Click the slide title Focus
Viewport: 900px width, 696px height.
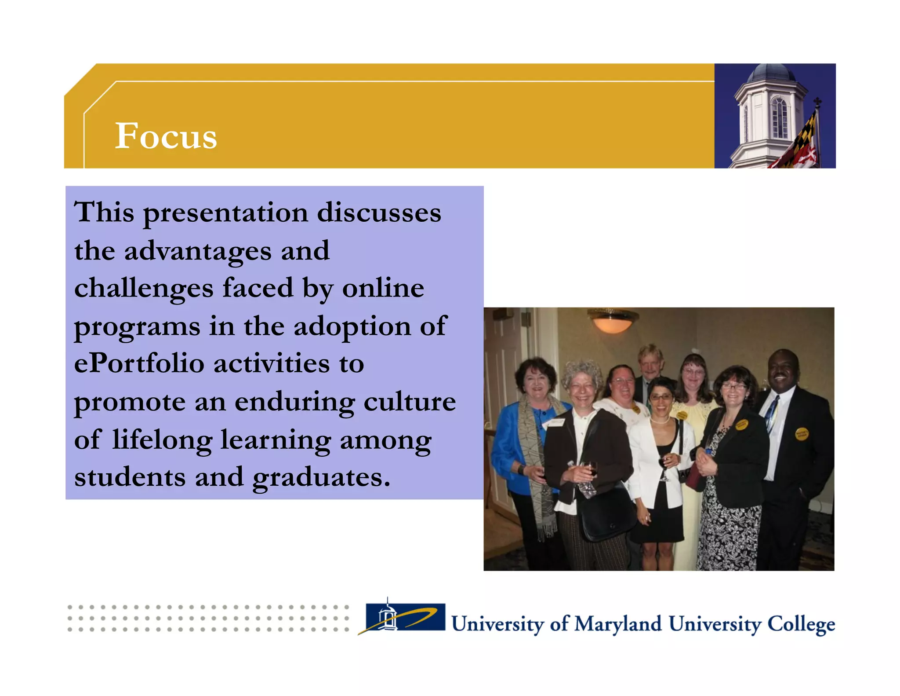point(166,136)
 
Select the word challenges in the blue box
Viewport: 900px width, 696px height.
point(144,289)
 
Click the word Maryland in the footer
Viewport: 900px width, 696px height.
point(617,624)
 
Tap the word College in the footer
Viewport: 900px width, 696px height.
point(801,624)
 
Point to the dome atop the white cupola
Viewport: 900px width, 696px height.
point(770,73)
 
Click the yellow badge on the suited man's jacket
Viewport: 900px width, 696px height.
point(802,434)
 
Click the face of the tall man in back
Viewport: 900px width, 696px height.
point(650,363)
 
